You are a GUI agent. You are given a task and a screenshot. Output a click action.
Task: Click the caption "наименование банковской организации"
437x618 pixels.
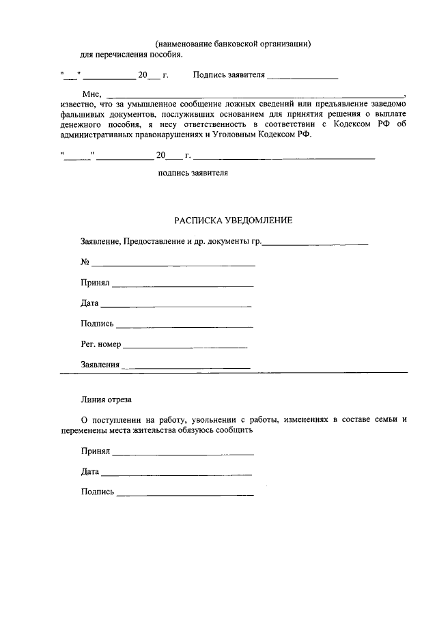233,44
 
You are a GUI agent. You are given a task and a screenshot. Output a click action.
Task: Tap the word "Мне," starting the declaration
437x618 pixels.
91,94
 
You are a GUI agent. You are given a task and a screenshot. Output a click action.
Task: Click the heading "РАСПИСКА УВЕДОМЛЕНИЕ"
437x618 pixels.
233,221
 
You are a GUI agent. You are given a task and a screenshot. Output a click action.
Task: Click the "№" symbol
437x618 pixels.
85,262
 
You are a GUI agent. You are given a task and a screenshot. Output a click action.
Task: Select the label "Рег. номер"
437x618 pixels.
101,344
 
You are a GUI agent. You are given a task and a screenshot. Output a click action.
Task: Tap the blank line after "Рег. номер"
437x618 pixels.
185,348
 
